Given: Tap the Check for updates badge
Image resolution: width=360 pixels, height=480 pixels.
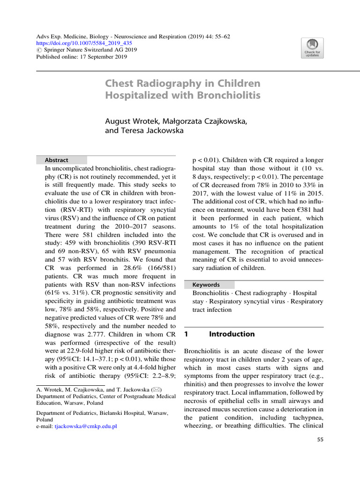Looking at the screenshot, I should click(312, 48).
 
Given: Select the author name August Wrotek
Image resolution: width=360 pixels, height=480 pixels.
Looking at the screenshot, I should click(132, 121).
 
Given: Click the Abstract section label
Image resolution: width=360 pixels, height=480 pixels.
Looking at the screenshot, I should click(56, 160).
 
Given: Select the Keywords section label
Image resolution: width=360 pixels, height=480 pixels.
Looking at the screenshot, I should click(206, 285).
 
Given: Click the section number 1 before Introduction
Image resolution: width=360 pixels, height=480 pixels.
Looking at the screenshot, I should click(187, 334).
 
